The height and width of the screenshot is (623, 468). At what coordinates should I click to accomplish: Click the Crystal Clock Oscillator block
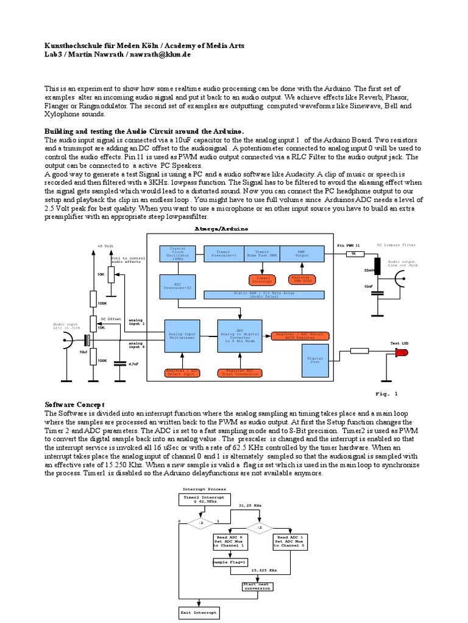tap(176, 254)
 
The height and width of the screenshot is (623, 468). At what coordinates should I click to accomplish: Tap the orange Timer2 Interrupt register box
tap(262, 279)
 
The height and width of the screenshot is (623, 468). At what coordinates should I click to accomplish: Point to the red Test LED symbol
tap(402, 353)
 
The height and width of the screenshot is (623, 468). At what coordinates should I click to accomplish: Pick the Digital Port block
tap(315, 361)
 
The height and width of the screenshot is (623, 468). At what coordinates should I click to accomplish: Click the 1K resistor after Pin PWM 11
tap(355, 254)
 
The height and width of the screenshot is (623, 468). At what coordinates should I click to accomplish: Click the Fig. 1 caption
tap(386, 394)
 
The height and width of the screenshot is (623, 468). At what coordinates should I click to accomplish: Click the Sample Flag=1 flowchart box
tap(229, 562)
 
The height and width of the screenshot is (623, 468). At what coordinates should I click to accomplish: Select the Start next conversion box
tap(255, 586)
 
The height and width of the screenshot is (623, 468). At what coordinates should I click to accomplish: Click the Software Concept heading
tap(76, 405)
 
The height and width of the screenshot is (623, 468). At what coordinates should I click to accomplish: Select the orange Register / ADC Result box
tap(299, 336)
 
